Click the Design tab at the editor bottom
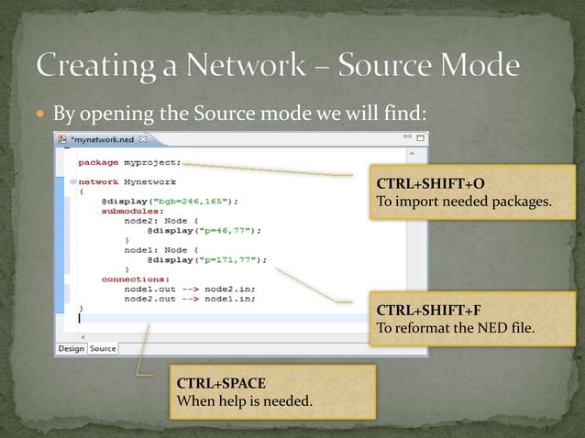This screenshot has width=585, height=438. (x=71, y=348)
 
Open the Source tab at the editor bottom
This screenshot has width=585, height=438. (x=103, y=348)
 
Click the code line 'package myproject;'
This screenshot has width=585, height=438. (x=129, y=162)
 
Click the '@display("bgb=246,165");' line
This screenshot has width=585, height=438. (x=170, y=200)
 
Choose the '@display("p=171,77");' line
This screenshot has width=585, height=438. (x=201, y=259)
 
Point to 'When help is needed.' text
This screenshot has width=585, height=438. (x=244, y=401)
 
